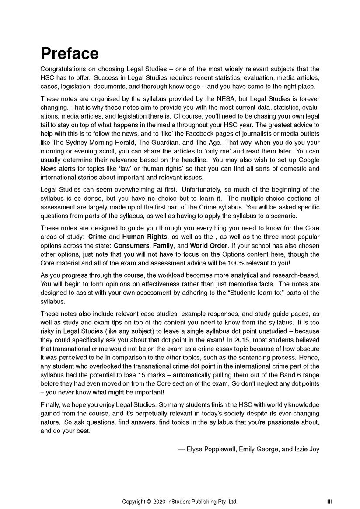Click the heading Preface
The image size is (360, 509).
(x=70, y=54)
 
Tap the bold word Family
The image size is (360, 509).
(x=163, y=246)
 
